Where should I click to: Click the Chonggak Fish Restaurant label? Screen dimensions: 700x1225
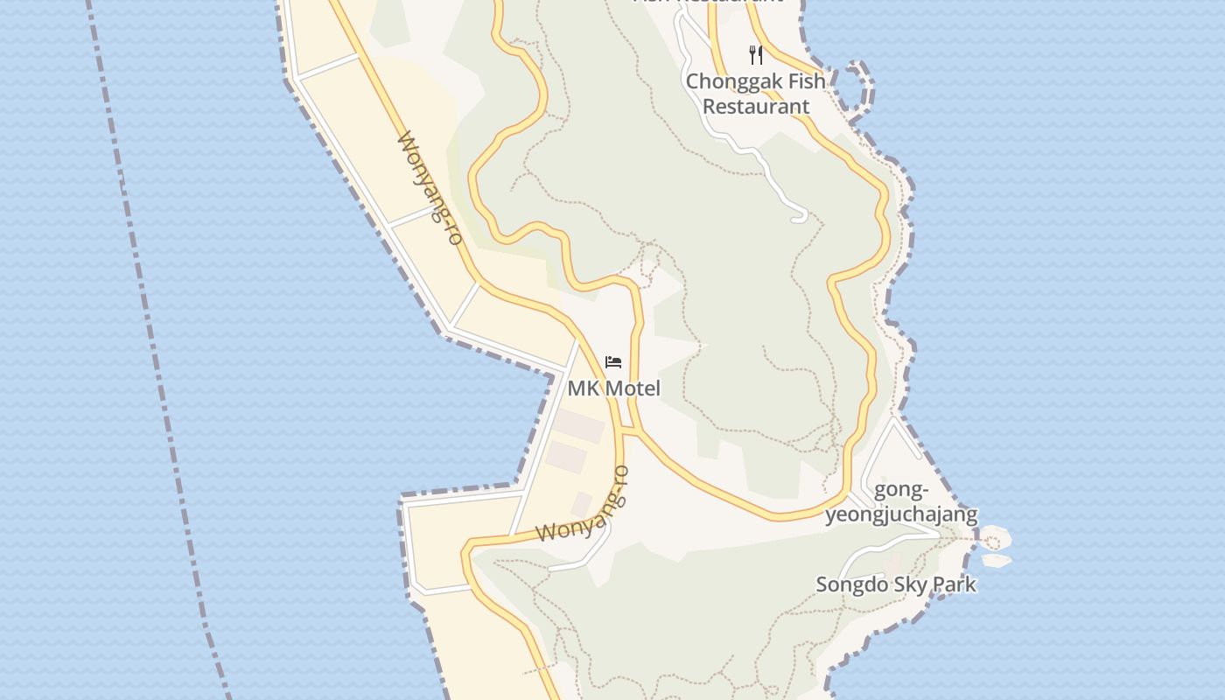756,94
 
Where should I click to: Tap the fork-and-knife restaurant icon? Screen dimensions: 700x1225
756,55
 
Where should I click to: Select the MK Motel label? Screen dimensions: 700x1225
613,388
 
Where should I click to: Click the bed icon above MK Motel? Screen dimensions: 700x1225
613,361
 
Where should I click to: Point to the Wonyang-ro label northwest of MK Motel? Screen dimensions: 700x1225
430,188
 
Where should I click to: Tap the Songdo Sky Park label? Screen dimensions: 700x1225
895,584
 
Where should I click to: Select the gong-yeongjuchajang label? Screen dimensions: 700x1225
901,501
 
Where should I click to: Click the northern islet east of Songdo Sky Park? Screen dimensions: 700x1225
995,536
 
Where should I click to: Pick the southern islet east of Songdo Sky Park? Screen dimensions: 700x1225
996,560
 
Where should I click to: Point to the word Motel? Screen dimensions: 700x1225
634,388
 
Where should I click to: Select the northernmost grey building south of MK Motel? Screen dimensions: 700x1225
578,427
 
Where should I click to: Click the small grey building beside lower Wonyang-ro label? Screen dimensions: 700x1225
581,504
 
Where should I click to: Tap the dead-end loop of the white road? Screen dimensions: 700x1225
799,214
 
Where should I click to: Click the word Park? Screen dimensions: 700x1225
955,584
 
